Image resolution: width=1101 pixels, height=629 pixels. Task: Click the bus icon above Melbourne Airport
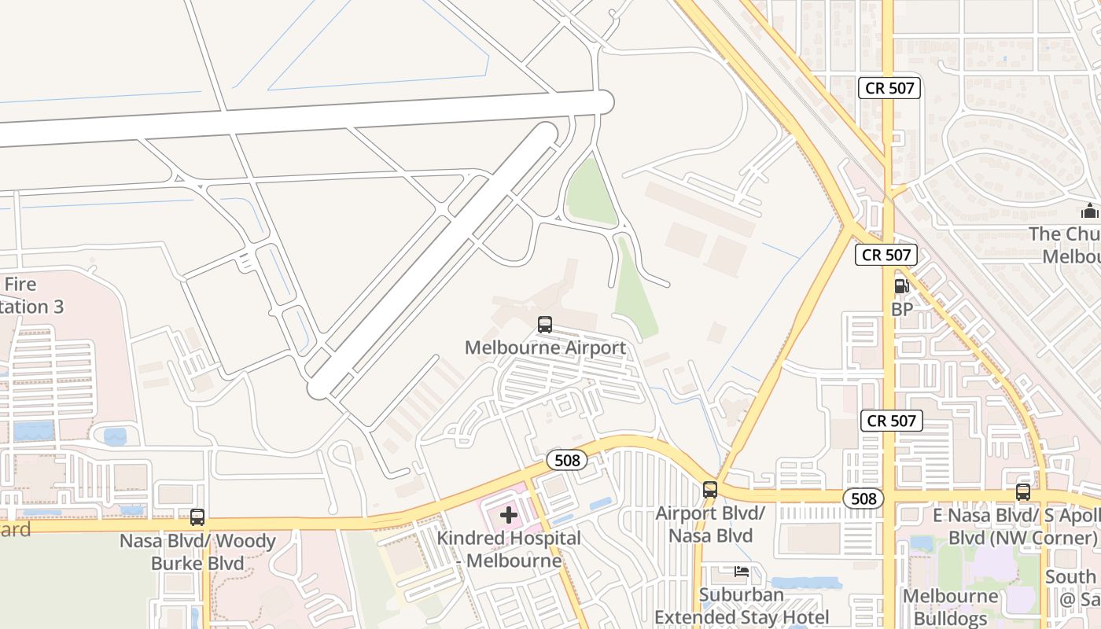[544, 324]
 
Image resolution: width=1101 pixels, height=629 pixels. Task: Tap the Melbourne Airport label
[545, 348]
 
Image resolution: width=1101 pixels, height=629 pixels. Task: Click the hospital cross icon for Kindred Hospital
[509, 516]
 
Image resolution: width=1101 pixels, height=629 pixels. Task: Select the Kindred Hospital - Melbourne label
[509, 550]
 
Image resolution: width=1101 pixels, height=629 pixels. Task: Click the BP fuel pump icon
[901, 286]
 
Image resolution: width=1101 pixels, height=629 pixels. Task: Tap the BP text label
[902, 310]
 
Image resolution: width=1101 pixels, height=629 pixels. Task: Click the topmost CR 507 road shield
[889, 88]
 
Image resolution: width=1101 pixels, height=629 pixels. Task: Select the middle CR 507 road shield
[886, 255]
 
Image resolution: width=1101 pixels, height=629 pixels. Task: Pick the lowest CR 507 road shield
[891, 421]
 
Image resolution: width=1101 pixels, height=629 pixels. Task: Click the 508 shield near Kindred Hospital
[566, 460]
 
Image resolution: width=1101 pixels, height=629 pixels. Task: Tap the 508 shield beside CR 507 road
[863, 498]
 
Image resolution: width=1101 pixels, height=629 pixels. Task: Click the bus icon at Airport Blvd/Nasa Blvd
[710, 490]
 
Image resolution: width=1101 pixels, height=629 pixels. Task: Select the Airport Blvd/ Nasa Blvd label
[710, 524]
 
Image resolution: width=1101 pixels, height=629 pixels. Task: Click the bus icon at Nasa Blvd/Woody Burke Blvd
[197, 517]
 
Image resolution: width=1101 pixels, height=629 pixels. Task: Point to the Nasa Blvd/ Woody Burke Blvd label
[197, 552]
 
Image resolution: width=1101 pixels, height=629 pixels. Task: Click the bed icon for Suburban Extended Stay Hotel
[741, 572]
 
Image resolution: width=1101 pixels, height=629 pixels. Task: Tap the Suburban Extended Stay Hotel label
[742, 606]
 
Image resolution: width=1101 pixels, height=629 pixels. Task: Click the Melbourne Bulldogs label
[950, 607]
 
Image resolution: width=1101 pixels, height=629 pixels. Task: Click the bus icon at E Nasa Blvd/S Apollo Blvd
[1022, 492]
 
